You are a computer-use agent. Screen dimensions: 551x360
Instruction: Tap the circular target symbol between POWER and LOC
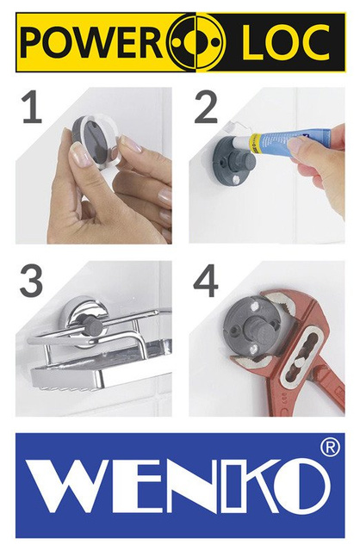(x=196, y=42)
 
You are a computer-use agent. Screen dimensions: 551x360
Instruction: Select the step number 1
(x=31, y=109)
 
